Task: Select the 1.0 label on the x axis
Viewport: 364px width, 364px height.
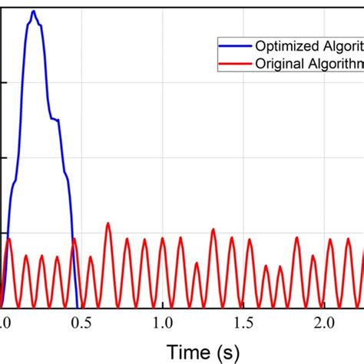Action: click(x=163, y=321)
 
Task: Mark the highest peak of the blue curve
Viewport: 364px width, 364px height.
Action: click(x=33, y=12)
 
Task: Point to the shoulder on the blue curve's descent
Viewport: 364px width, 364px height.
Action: click(x=55, y=119)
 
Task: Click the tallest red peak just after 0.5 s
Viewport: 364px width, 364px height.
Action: click(x=108, y=223)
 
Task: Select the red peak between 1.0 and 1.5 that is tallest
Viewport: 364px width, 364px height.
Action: click(x=213, y=229)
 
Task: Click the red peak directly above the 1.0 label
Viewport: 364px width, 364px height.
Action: click(x=163, y=238)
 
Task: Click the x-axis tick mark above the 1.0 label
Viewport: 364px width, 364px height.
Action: click(x=163, y=303)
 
